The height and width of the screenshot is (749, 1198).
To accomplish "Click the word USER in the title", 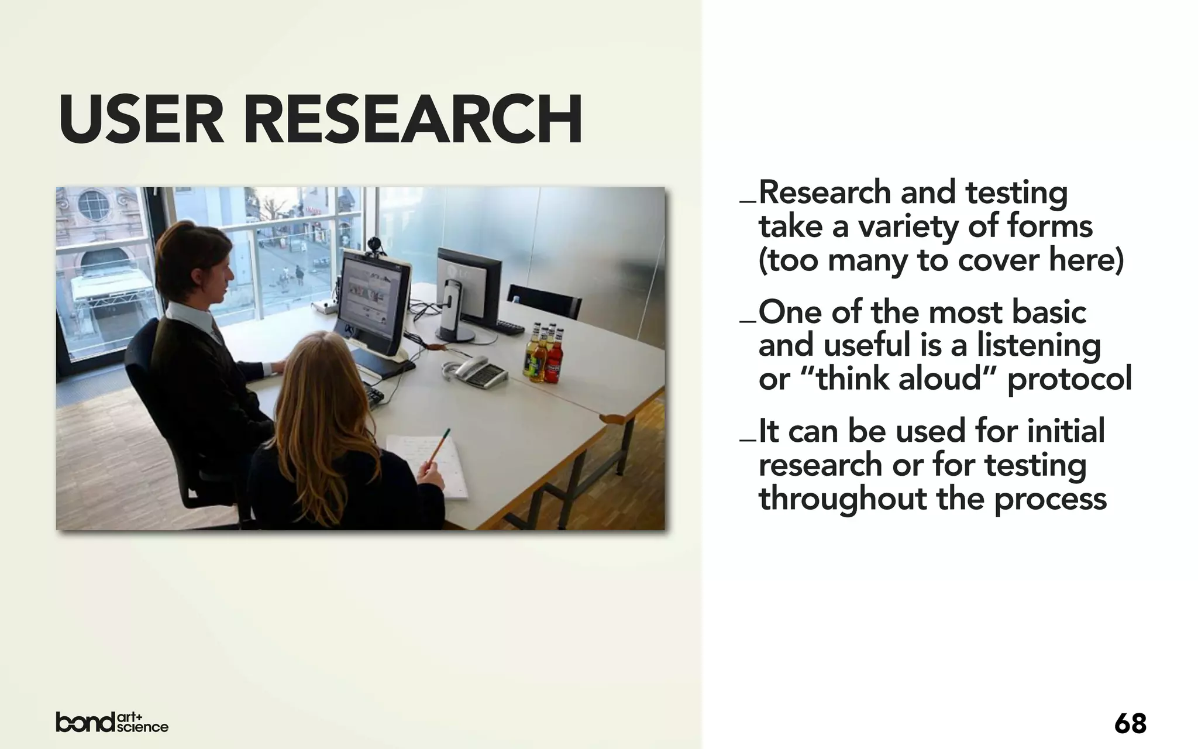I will point(141,120).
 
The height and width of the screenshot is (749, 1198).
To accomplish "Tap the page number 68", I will point(1130,724).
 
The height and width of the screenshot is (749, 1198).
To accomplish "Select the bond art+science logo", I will point(112,722).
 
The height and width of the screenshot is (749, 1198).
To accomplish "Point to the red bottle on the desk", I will point(554,357).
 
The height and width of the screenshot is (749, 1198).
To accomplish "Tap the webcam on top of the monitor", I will point(375,246).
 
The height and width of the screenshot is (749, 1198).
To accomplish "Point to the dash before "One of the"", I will point(748,321).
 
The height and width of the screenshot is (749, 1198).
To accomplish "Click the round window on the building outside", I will point(94,205).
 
